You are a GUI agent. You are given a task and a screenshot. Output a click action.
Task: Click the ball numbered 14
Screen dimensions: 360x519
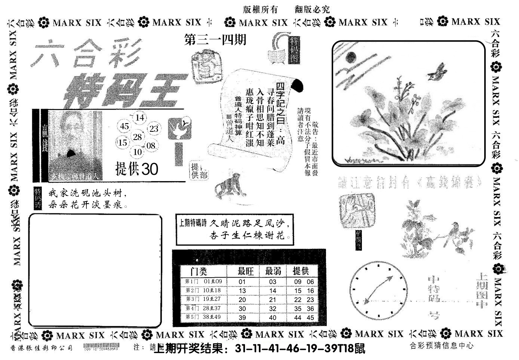139,118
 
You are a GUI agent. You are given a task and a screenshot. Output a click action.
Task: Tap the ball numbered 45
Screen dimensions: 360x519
125,126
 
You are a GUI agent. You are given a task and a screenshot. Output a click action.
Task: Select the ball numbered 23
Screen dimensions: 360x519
154,129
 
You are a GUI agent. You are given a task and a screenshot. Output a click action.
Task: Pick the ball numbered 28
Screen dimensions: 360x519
138,137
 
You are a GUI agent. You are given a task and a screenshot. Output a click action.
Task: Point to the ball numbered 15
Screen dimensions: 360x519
123,143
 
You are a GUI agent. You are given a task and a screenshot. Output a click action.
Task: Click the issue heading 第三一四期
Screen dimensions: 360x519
215,40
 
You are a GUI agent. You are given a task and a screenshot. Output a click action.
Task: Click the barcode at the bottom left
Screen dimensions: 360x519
101,347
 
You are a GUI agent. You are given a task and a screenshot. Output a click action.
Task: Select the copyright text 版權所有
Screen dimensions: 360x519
260,10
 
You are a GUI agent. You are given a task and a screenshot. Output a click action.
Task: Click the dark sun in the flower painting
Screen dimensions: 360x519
350,57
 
